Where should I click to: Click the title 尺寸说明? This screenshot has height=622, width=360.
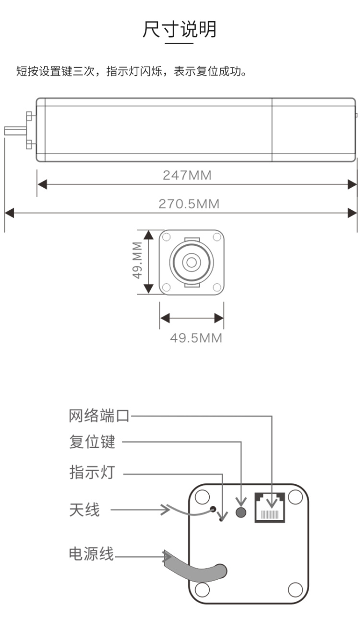[x=180, y=30]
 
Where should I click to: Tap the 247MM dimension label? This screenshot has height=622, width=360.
[x=187, y=175]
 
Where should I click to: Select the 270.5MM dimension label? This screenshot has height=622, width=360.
[x=189, y=204]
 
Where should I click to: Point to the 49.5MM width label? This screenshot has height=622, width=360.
[x=196, y=338]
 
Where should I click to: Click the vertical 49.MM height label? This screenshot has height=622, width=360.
[x=138, y=261]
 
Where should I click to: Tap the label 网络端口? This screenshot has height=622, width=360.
[x=99, y=416]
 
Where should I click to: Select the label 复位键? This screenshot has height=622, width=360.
[x=92, y=442]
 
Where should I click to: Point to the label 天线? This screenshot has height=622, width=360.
[x=84, y=510]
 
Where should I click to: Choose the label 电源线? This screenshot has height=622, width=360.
[x=91, y=554]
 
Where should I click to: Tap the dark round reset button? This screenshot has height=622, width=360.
[x=241, y=512]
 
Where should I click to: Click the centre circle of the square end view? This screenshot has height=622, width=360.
[x=192, y=262]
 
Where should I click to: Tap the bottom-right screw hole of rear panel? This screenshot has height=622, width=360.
[x=295, y=589]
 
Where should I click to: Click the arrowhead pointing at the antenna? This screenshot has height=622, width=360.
[x=166, y=509]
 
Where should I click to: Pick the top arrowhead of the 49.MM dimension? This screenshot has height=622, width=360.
[x=149, y=234]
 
